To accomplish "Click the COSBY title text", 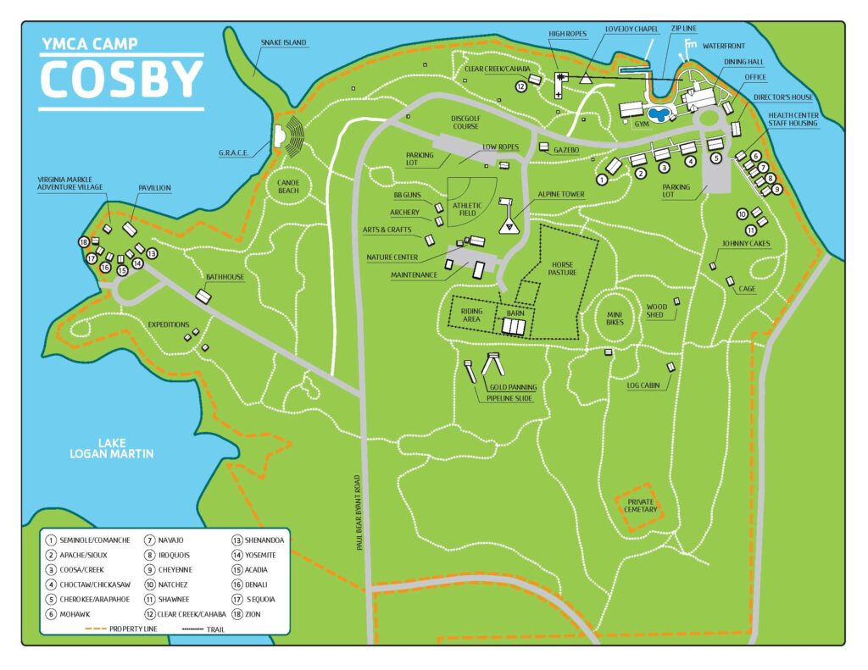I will click(x=121, y=80).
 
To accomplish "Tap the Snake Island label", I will click(x=283, y=42).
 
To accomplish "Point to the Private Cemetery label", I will click(x=640, y=505).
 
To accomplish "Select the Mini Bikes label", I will click(x=615, y=317).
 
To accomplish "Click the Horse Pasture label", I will click(x=562, y=269).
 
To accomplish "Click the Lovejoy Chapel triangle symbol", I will click(x=585, y=79).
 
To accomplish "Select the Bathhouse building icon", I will click(x=203, y=296).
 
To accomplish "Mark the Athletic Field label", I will click(x=467, y=209).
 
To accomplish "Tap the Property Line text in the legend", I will click(x=122, y=628).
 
